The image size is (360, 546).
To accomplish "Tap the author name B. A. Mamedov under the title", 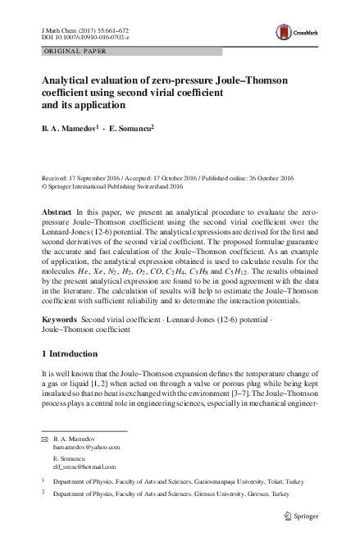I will pos(68,128).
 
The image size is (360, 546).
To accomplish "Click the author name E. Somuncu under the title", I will pos(131,128).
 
